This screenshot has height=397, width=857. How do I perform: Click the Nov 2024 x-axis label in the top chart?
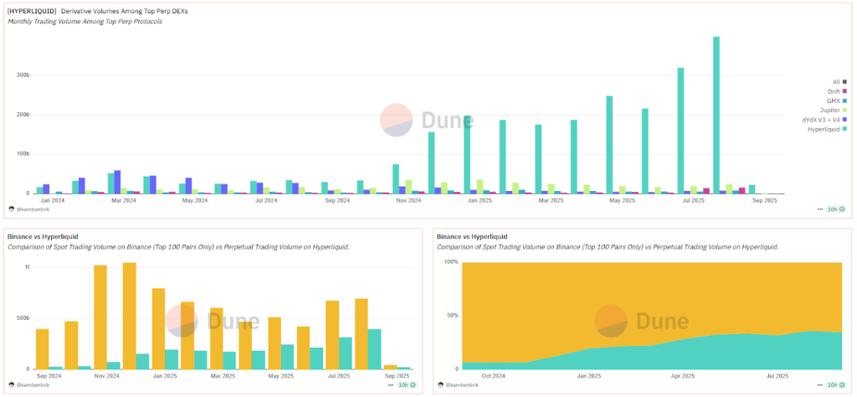[x=408, y=201]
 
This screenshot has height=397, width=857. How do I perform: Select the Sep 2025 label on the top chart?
[x=764, y=201]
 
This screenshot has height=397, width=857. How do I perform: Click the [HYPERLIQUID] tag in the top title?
[x=32, y=11]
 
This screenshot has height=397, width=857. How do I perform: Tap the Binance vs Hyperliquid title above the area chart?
[x=471, y=237]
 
